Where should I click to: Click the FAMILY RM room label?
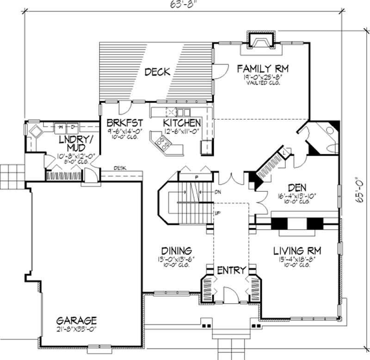tap(263, 69)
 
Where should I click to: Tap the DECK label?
tap(157, 72)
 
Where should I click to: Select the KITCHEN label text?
tap(182, 123)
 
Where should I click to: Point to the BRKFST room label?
tap(124, 123)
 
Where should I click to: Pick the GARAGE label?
tap(76, 320)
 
